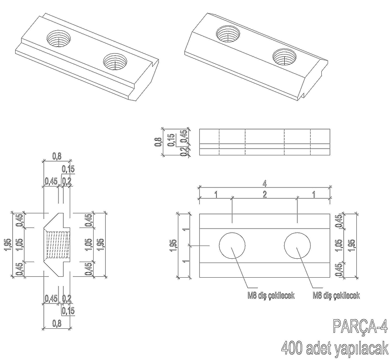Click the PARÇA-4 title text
click(360, 326)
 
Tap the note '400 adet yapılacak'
click(334, 348)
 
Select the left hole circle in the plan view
click(232, 246)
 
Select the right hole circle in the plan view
click(297, 246)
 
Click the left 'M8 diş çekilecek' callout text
click(271, 296)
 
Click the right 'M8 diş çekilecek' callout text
click(336, 296)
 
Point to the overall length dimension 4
click(265, 184)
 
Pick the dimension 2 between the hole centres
click(265, 194)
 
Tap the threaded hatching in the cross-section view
click(58, 245)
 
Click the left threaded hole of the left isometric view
click(58, 38)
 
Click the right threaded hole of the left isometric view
click(115, 61)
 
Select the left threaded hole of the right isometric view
click(228, 34)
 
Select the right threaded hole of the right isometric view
click(284, 57)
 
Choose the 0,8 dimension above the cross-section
click(57, 156)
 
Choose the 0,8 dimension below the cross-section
click(57, 323)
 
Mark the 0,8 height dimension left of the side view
click(158, 142)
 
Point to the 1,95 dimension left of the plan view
click(174, 246)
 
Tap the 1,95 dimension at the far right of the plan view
click(351, 246)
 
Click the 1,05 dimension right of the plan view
click(339, 246)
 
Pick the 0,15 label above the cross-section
click(68, 170)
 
